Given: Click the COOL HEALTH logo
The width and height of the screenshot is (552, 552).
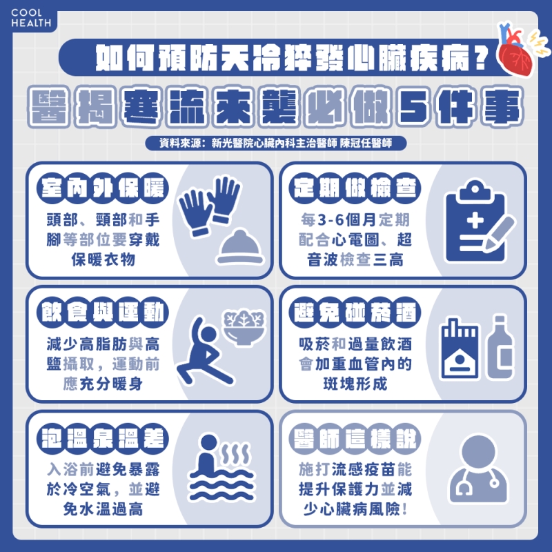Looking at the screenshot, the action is click(31, 18).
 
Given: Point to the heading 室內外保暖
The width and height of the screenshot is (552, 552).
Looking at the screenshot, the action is click(102, 188).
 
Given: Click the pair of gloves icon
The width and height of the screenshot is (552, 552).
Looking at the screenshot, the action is click(210, 206).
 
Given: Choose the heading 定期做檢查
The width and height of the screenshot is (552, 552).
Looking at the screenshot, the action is click(355, 188).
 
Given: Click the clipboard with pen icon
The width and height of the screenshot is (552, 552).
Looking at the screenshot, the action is click(479, 221).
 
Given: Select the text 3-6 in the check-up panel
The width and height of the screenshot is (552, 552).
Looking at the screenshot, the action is click(331, 219).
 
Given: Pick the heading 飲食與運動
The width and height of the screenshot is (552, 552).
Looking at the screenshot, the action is click(102, 313).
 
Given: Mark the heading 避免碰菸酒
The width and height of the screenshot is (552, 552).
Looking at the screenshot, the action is click(355, 313).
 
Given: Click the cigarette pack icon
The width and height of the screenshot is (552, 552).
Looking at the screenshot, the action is click(459, 348).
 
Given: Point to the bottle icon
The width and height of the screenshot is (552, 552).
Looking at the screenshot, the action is click(500, 347).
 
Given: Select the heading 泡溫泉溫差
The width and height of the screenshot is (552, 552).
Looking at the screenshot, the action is click(102, 439).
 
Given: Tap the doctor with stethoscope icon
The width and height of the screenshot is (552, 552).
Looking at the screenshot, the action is click(478, 469).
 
